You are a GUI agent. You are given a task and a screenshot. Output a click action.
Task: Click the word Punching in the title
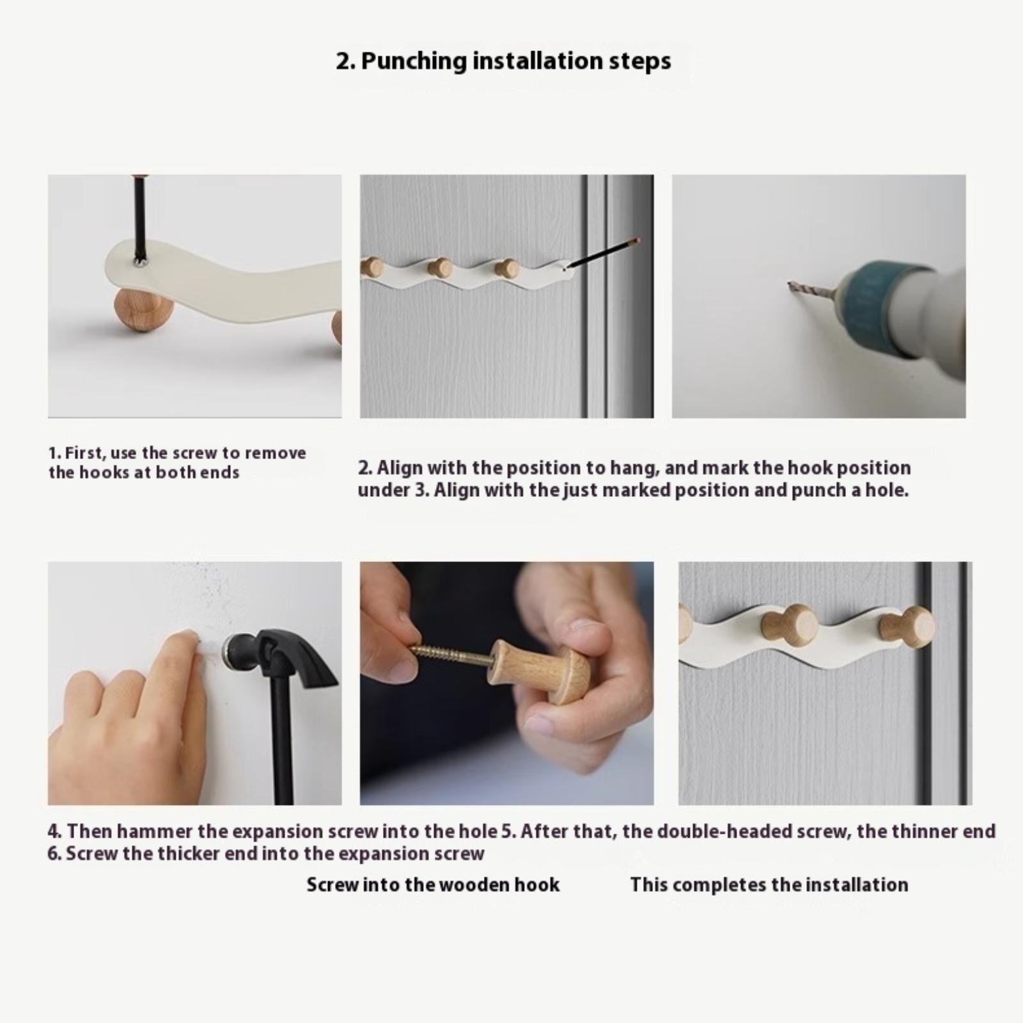414,62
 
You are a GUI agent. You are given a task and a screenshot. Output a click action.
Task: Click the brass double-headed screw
451,657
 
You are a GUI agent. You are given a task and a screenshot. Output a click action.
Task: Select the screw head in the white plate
139,260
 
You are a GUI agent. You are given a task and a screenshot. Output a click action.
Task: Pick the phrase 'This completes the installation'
769,885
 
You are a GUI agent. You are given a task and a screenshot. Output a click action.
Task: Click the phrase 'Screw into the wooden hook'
433,885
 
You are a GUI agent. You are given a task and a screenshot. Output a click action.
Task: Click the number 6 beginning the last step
54,854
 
